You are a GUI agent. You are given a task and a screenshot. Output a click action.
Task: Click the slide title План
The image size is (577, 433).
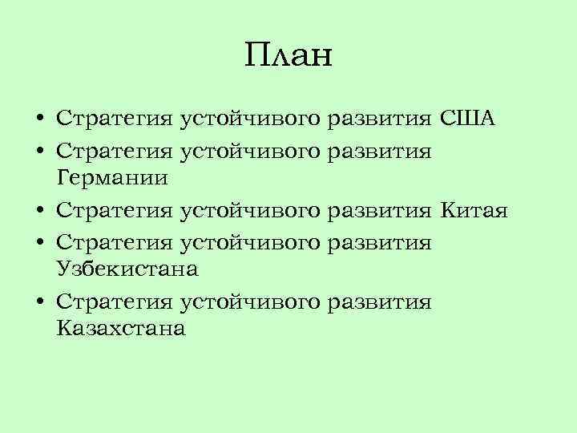[x=288, y=56]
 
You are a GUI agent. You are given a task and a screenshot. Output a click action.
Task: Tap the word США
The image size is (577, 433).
[x=468, y=119]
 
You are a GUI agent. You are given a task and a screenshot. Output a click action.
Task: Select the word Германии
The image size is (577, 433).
[x=112, y=178]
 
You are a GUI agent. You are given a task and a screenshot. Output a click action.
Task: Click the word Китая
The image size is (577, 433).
[x=474, y=211]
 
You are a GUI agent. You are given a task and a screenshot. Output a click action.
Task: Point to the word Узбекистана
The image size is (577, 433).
[x=127, y=269]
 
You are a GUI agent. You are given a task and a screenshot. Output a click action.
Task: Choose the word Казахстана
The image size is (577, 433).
[x=121, y=328]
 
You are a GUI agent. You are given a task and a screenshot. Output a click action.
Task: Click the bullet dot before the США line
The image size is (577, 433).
[x=38, y=120]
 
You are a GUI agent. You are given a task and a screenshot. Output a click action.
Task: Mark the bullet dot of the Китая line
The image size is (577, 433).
[x=38, y=212]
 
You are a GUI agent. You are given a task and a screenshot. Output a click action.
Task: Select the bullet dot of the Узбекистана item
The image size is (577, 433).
[x=38, y=242]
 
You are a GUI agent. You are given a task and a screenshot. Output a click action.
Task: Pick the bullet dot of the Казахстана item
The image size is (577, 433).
[x=38, y=302]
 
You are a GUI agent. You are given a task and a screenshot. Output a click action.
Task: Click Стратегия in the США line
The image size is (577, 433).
[x=115, y=120]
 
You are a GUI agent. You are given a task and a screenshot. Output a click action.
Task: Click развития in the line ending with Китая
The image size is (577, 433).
[x=381, y=212]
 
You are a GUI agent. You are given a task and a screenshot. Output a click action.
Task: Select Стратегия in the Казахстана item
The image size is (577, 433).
[x=115, y=302]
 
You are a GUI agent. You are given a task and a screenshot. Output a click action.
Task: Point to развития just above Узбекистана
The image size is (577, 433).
[x=381, y=242]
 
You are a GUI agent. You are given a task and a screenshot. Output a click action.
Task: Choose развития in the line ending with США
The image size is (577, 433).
[x=381, y=120]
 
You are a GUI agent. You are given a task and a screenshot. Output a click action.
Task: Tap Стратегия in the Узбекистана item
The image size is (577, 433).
[x=115, y=242]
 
